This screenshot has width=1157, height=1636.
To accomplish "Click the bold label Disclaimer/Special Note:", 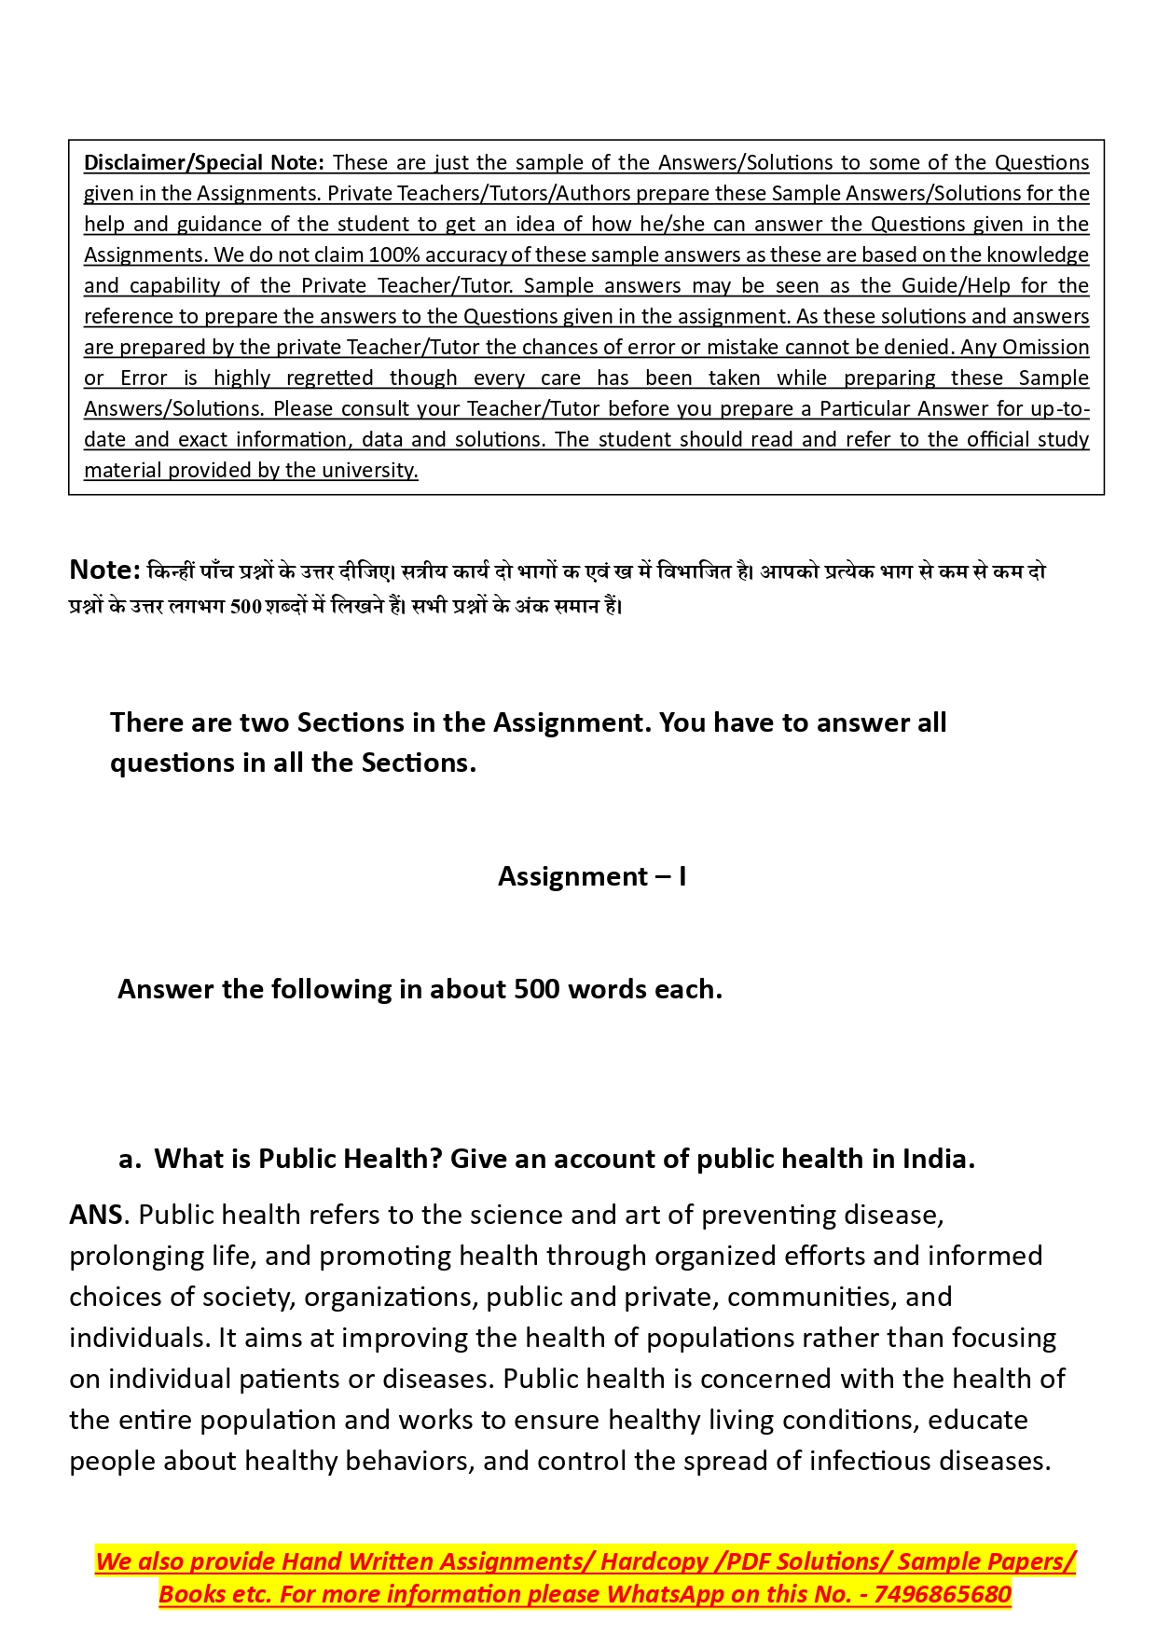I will (203, 162).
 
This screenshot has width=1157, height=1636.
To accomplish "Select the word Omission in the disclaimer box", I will (1045, 347).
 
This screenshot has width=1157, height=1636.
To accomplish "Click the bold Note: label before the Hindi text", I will (104, 570).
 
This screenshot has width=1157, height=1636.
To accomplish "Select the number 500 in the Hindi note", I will (245, 606).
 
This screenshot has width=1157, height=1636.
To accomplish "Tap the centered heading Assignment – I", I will (592, 876).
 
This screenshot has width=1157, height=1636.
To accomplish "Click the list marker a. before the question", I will (130, 1159).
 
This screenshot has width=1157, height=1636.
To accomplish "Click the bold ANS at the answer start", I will (96, 1215).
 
